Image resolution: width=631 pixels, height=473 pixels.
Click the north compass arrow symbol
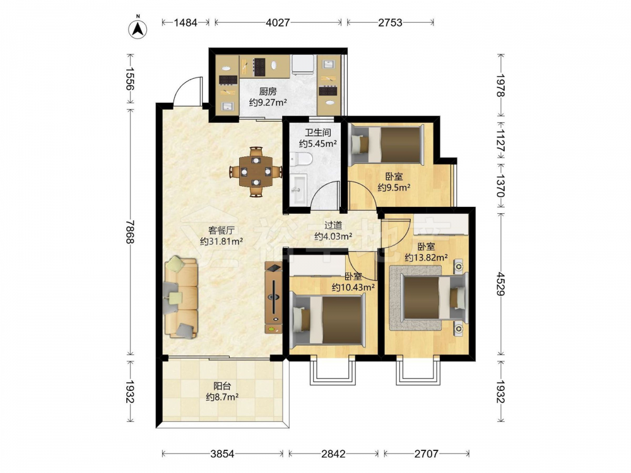[x=138, y=29]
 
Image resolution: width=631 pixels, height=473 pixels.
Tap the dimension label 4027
[x=278, y=23]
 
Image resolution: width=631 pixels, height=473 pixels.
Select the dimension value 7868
[x=129, y=231]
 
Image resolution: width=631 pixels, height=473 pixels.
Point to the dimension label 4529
[x=500, y=284]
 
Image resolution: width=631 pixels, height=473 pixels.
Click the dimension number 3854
[x=222, y=453]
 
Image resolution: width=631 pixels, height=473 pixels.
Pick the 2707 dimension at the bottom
[x=426, y=453]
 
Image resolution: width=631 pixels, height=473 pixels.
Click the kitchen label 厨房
[x=268, y=91]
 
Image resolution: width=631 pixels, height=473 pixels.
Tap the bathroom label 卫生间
[x=317, y=132]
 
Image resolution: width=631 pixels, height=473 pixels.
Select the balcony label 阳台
[x=222, y=386]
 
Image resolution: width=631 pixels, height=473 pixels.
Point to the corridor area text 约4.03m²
[x=333, y=237]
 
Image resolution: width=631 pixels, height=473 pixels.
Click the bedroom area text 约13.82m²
[x=427, y=257]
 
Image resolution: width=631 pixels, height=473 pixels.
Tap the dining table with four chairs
[x=256, y=172]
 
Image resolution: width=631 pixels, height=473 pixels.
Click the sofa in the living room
[x=181, y=297]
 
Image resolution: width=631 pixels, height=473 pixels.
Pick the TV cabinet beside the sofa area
[x=274, y=297]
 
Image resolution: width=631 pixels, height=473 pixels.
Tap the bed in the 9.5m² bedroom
[x=386, y=145]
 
